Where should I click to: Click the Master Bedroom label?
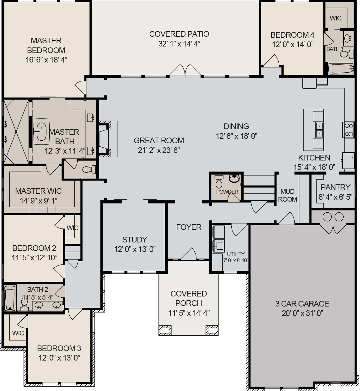46,45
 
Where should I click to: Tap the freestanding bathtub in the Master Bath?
41,131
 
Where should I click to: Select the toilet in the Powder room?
219,182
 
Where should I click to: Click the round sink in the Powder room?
234,178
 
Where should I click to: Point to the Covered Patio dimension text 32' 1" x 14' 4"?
179,44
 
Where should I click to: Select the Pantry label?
335,187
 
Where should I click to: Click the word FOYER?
189,227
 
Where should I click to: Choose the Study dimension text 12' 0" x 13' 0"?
135,249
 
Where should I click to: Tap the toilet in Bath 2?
24,303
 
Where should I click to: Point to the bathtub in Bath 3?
341,68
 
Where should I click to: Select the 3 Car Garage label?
302,304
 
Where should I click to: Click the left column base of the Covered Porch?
165,330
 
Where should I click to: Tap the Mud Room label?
287,195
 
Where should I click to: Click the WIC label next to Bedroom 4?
336,18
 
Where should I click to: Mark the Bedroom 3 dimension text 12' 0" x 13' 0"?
59,358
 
